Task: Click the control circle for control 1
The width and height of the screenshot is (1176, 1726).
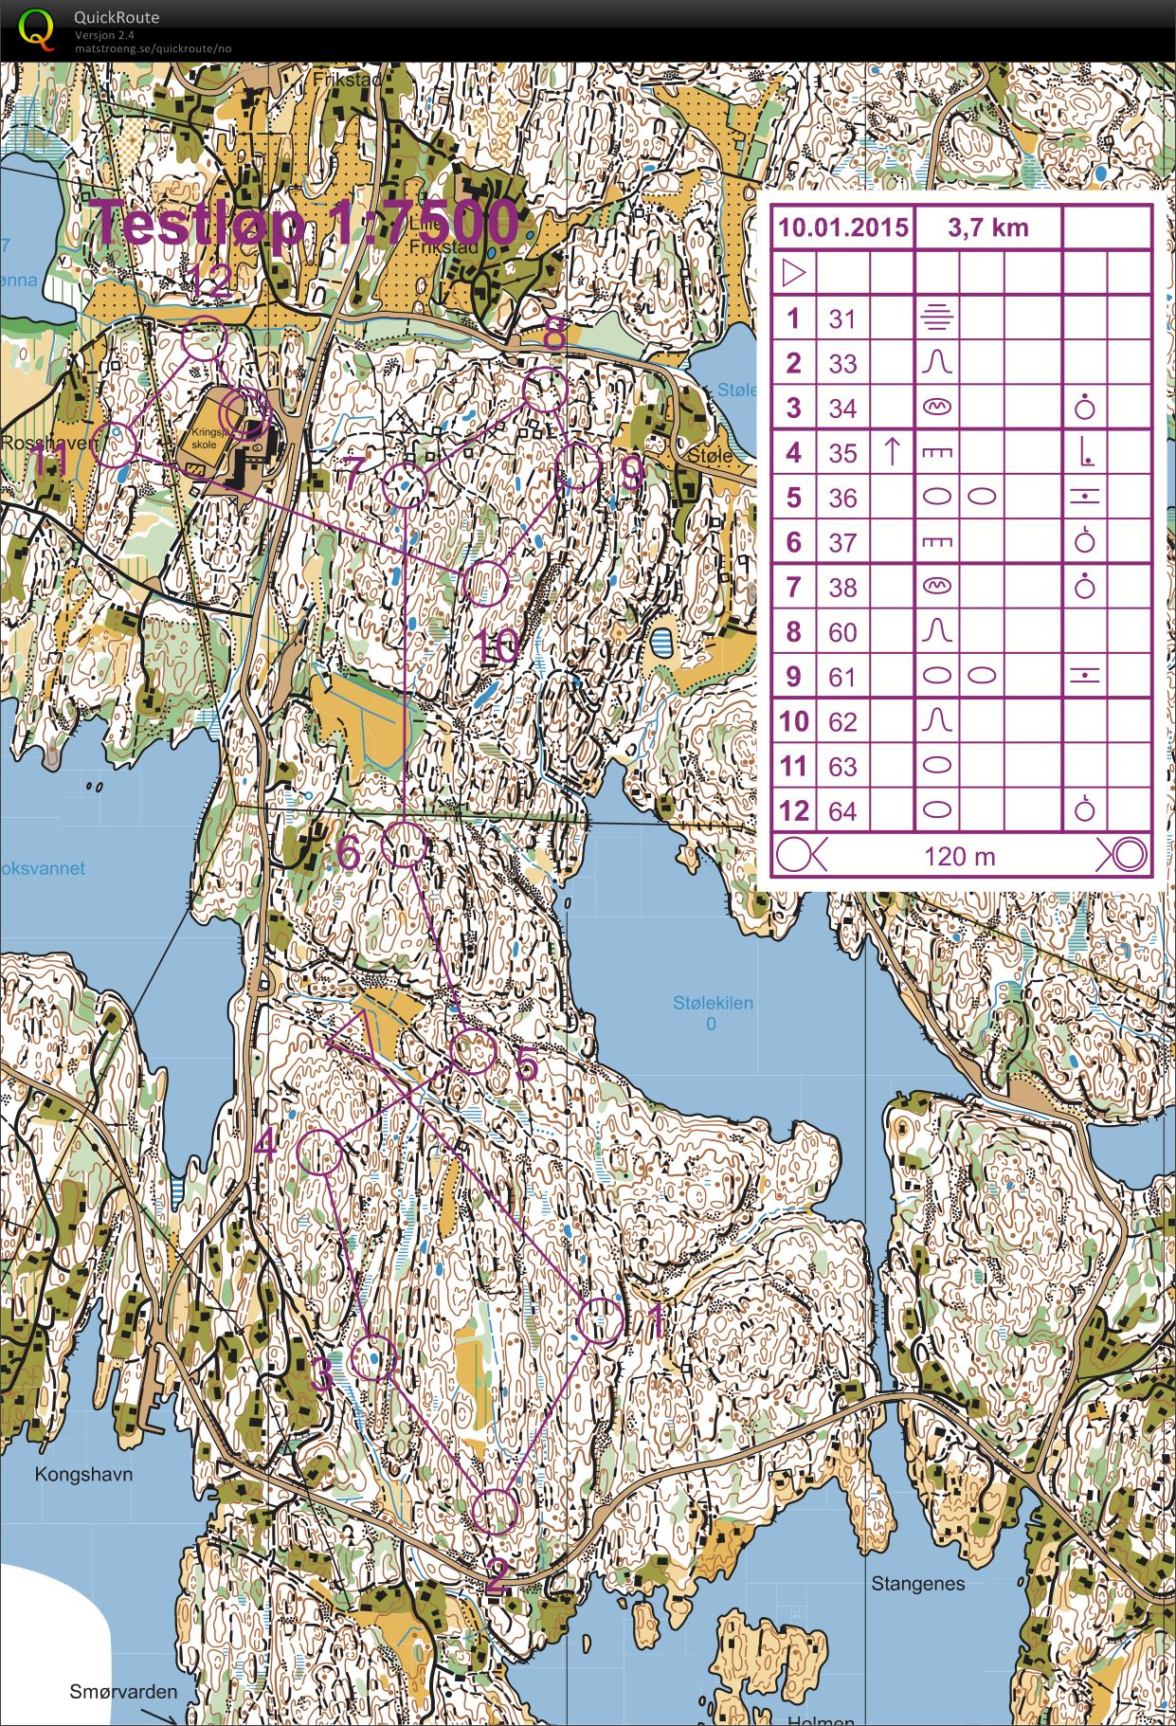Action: click(x=601, y=1321)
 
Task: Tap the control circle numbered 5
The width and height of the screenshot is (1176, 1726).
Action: click(x=472, y=1052)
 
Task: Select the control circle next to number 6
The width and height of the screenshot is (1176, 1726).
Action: click(x=405, y=844)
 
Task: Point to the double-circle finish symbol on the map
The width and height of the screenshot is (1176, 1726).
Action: click(x=244, y=414)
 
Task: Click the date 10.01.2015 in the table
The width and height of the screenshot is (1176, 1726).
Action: click(x=842, y=228)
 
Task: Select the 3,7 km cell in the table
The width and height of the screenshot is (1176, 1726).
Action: click(x=987, y=228)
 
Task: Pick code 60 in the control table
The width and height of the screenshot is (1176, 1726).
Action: click(x=842, y=632)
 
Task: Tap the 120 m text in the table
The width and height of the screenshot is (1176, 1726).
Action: click(x=959, y=857)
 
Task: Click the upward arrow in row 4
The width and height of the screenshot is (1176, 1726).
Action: click(x=891, y=452)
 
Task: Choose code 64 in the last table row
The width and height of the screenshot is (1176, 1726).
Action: click(x=842, y=811)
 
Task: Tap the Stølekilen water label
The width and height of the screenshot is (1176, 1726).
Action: click(x=713, y=1003)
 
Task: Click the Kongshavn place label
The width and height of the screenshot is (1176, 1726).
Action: click(x=83, y=1474)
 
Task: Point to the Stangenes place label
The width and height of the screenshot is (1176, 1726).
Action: click(x=917, y=1583)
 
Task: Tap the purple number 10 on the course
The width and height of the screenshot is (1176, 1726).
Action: click(x=497, y=648)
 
